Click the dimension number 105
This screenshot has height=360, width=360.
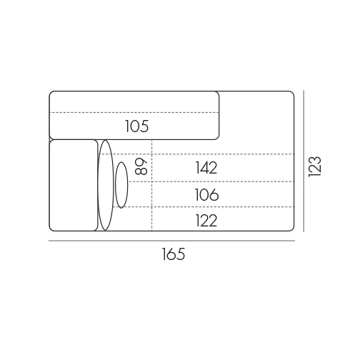click(137, 126)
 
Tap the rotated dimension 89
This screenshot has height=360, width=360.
click(141, 166)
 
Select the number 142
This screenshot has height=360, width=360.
click(206, 168)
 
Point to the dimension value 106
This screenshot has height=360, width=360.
click(206, 194)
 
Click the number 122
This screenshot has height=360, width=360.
click(206, 220)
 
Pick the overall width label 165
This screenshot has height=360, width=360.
click(174, 254)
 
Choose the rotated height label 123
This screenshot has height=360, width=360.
click(315, 166)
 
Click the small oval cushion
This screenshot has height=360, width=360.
click(121, 185)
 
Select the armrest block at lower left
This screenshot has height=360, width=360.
click(74, 185)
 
